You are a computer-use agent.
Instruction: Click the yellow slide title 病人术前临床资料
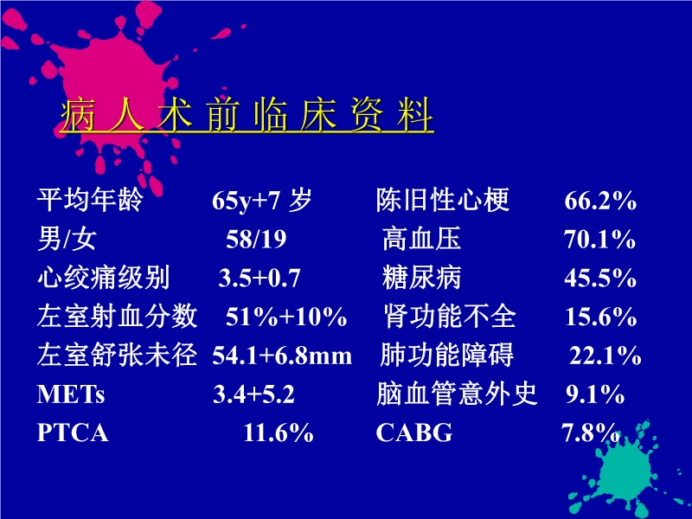[247, 118]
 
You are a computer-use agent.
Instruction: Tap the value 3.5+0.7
[259, 279]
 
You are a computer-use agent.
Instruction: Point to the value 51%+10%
[286, 317]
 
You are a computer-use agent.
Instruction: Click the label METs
[71, 395]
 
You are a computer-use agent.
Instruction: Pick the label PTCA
[73, 433]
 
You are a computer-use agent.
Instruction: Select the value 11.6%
[278, 433]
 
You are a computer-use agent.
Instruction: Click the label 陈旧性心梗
[443, 202]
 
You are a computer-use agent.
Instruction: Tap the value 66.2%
[600, 202]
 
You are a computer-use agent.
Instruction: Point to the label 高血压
[422, 240]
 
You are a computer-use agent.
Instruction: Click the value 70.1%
[600, 240]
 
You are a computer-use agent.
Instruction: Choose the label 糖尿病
[422, 279]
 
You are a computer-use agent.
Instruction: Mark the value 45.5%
[600, 279]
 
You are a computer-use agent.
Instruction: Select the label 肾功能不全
[450, 317]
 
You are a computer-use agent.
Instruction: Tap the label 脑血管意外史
[457, 395]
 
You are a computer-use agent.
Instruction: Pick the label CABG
[414, 433]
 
